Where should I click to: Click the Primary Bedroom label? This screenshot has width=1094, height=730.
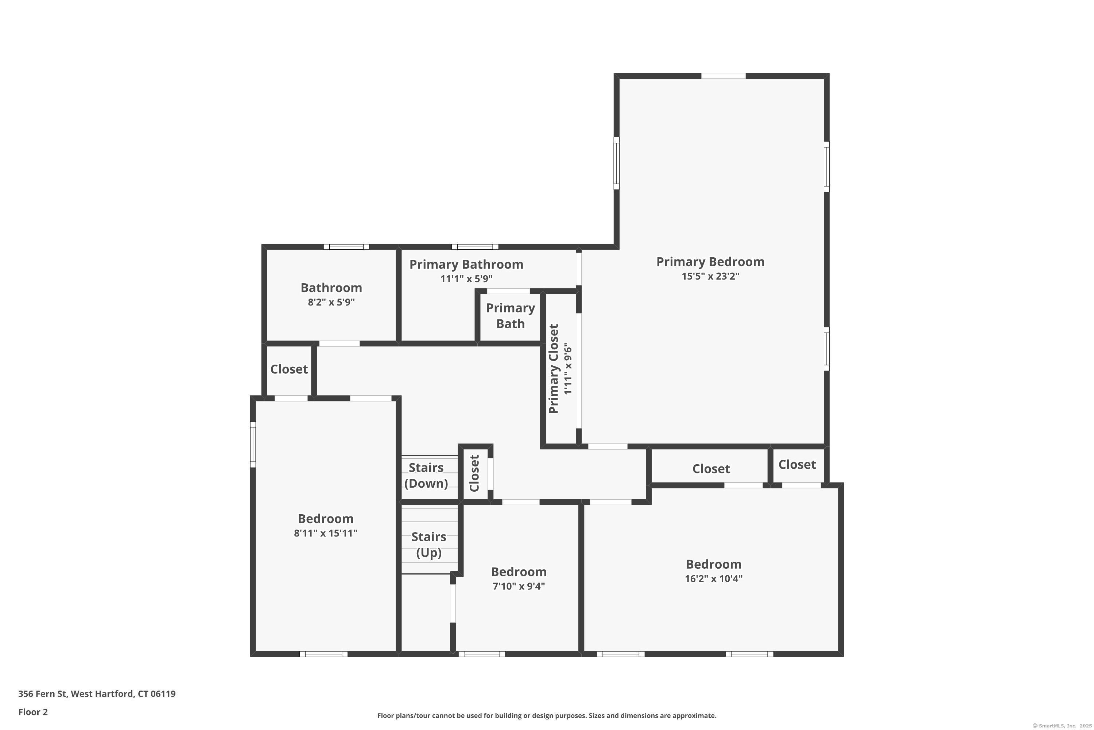point(710,262)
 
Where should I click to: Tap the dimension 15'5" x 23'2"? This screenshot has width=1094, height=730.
point(710,276)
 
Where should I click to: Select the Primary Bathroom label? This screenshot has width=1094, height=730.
point(466,264)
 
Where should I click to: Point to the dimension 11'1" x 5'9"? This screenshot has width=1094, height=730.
point(466,279)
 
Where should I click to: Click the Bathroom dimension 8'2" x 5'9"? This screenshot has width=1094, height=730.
point(331,302)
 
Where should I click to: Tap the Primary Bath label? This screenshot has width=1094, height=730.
point(510,316)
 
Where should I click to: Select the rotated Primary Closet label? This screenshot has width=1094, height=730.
point(553,369)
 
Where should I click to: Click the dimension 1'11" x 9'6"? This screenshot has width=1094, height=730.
point(567,369)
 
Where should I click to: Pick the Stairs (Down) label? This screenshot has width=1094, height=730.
point(426,475)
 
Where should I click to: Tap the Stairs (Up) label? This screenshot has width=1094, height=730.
point(428,545)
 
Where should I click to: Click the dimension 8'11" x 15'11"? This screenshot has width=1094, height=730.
point(326,533)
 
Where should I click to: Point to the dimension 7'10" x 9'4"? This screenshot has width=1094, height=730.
point(519,586)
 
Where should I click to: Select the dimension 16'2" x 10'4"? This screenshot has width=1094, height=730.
point(714,579)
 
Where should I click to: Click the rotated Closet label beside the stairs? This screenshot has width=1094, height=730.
point(474,473)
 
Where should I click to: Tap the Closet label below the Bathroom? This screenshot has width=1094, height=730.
point(289,369)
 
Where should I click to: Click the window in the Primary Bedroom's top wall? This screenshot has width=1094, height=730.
point(723,76)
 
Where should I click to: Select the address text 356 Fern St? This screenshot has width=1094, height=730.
point(42,694)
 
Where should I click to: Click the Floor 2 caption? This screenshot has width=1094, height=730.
point(33,712)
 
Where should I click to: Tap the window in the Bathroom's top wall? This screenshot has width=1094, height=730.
point(346,247)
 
